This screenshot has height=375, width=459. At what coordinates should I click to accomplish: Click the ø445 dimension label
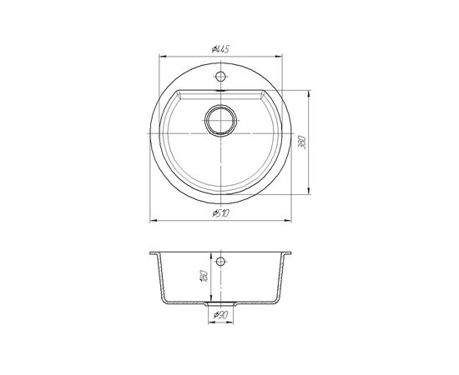pyautogui.click(x=220, y=49)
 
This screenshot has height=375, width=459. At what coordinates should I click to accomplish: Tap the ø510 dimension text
pyautogui.click(x=220, y=213)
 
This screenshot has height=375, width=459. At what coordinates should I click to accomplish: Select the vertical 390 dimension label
pyautogui.click(x=303, y=142)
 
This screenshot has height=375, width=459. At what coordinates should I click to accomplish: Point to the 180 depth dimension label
pyautogui.click(x=204, y=276)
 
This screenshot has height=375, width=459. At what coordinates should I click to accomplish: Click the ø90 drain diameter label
pyautogui.click(x=220, y=315)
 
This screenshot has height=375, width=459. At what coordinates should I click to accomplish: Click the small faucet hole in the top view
pyautogui.click(x=220, y=77)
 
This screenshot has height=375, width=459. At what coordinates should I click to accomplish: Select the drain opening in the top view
pyautogui.click(x=220, y=121)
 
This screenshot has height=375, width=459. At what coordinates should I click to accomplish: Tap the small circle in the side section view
pyautogui.click(x=220, y=261)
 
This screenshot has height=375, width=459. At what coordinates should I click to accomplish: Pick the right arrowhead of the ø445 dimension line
pyautogui.click(x=279, y=56)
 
